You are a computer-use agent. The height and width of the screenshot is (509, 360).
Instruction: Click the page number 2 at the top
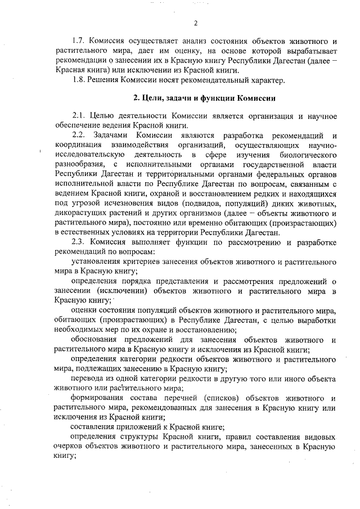(x=195, y=23)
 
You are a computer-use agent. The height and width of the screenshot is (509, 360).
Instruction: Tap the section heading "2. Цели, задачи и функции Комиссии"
(x=204, y=98)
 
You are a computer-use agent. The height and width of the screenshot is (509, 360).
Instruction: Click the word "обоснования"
(x=94, y=340)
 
